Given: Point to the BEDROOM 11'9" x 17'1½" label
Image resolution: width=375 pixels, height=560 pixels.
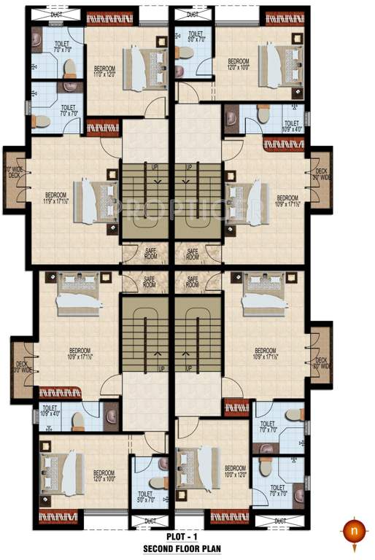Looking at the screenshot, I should point(57,198).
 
